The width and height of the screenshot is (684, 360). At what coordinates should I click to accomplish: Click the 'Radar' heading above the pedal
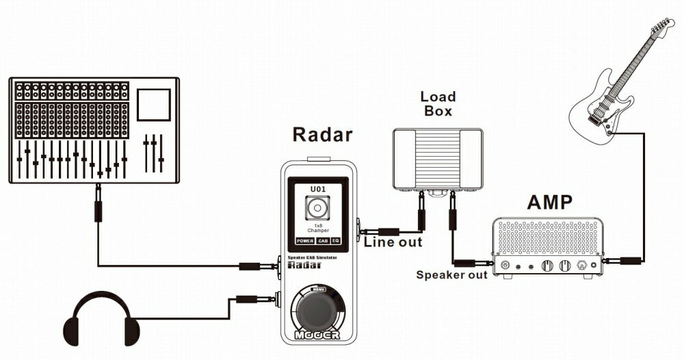tap(322, 134)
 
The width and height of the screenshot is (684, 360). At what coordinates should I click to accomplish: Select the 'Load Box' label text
tap(438, 103)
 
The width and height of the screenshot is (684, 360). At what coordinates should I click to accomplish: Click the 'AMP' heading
tap(550, 203)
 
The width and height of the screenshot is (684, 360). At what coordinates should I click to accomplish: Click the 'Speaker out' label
tap(452, 275)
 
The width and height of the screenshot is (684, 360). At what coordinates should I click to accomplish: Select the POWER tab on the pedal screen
tap(304, 241)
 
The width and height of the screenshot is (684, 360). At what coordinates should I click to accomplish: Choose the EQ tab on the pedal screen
tap(336, 241)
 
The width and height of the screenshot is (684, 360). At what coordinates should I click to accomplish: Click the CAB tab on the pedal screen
tap(323, 241)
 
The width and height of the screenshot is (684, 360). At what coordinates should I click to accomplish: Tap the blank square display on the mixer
tap(153, 105)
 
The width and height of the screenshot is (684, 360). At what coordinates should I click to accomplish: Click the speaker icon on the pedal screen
tap(317, 207)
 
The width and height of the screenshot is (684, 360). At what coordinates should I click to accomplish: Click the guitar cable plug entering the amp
tap(622, 261)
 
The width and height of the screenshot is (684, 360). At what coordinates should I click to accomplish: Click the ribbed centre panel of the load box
tap(438, 159)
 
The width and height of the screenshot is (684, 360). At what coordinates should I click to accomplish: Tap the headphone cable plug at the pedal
tap(252, 299)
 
